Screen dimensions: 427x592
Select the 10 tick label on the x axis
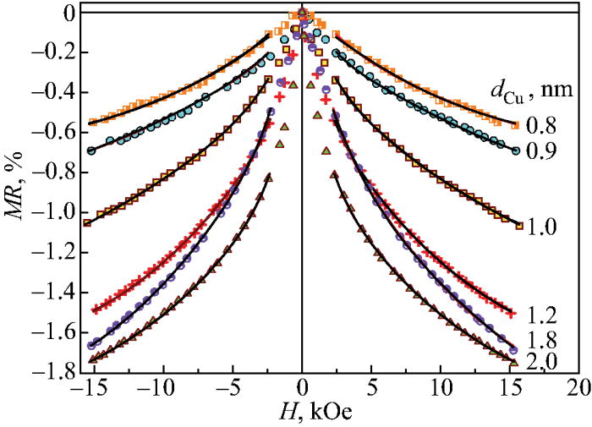[441, 387]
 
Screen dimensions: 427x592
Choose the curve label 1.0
[540, 227]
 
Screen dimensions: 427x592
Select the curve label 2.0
[540, 364]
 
